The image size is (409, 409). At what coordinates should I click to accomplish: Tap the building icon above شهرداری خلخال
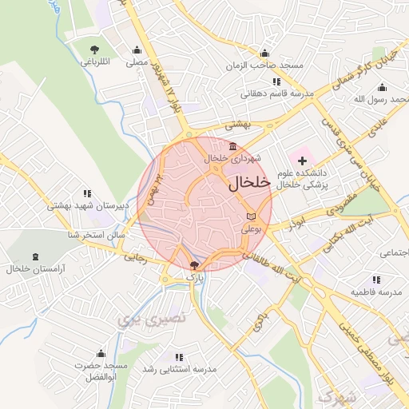232,145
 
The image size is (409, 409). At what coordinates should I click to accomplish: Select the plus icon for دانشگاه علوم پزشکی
302,162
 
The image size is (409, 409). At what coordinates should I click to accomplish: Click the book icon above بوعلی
252,216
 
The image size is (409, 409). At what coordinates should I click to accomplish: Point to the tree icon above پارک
196,264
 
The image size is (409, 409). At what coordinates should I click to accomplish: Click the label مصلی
137,62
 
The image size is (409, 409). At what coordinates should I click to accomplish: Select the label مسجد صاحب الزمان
264,66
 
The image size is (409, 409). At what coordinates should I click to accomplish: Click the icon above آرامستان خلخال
36,257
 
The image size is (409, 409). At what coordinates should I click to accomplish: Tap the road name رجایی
135,258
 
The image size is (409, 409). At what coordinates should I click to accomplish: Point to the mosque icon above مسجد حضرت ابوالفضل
101,353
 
